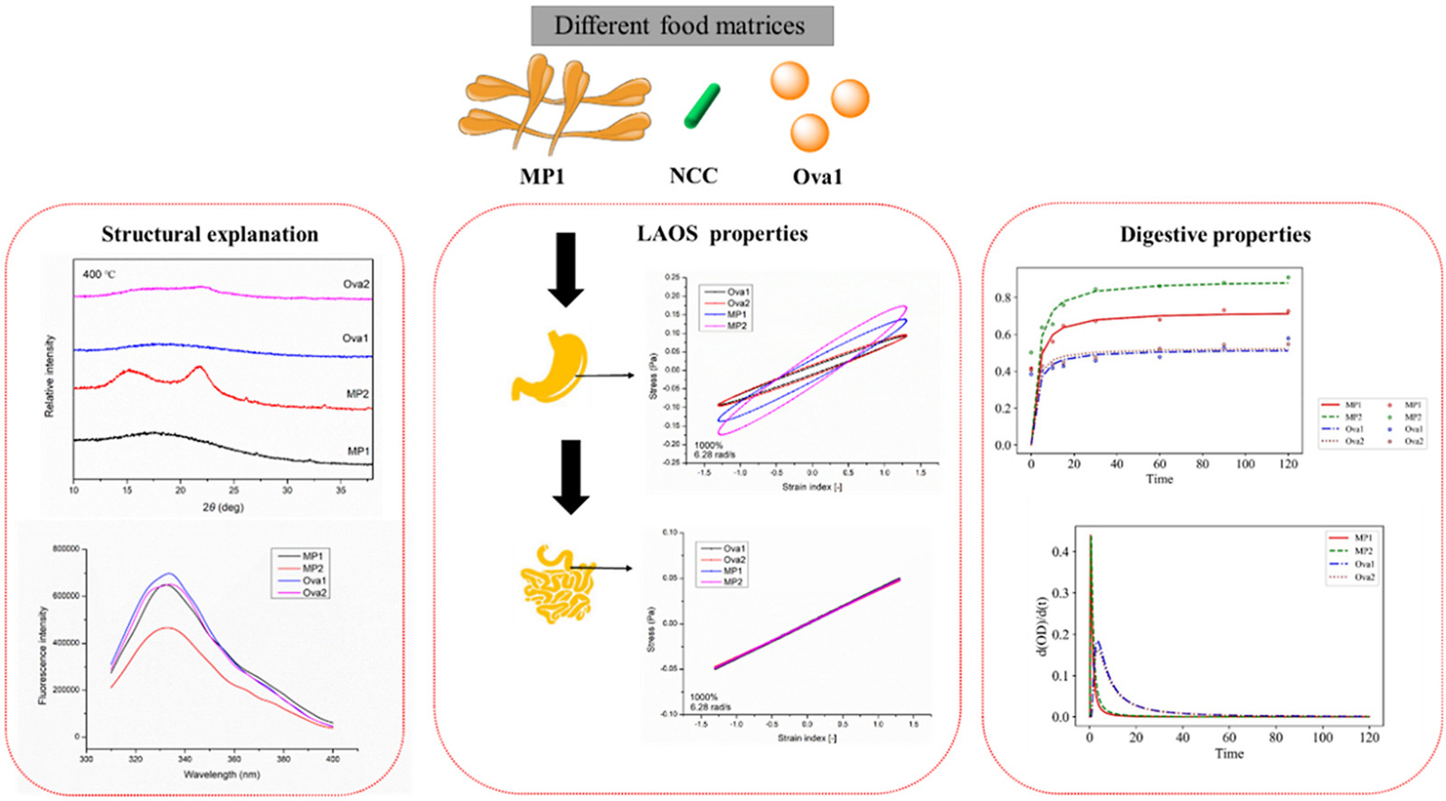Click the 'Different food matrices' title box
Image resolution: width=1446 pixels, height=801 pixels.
(x=681, y=25)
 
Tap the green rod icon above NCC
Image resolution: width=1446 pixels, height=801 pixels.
(x=702, y=106)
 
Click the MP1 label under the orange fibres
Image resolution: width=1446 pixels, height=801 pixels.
(x=542, y=176)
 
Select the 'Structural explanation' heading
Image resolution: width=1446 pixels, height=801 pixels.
(x=210, y=234)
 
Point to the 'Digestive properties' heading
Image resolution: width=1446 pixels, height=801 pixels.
(x=1214, y=234)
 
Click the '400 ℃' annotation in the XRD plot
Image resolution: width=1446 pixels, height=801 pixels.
(x=99, y=274)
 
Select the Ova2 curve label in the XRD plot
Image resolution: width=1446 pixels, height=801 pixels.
(x=355, y=284)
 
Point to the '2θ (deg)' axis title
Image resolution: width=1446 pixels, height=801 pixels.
(x=222, y=507)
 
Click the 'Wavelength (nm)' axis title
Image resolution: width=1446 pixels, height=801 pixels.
(x=222, y=775)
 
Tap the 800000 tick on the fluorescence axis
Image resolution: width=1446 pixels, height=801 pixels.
(x=66, y=549)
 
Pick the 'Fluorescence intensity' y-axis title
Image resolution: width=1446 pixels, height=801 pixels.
(x=43, y=655)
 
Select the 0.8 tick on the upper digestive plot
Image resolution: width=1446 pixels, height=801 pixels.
(x=1003, y=297)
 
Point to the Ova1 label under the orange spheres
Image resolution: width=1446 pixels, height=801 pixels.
(x=817, y=177)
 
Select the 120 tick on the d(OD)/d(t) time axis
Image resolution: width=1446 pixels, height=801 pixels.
(x=1369, y=738)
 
